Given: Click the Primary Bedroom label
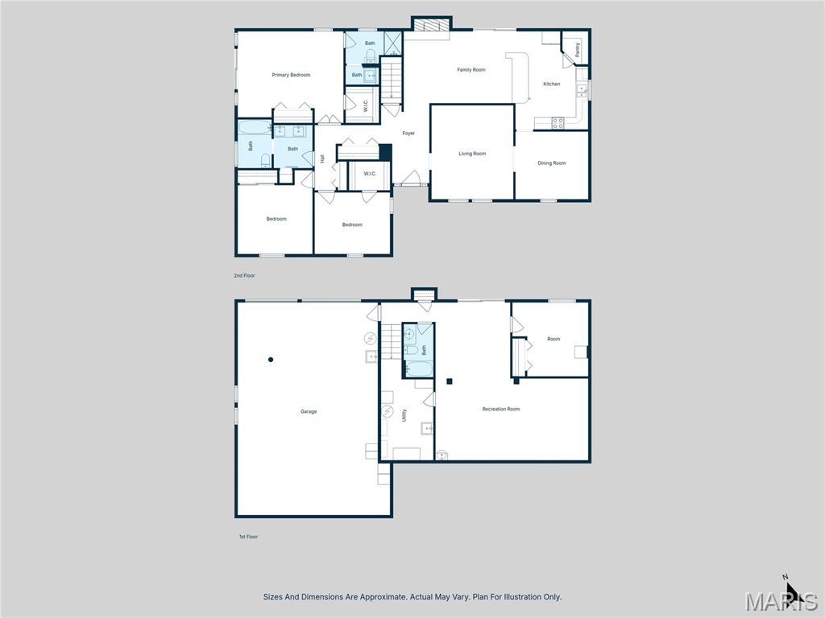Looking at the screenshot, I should [291, 75].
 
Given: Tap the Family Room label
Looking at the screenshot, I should [471, 70].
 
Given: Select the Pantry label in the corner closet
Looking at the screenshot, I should [577, 50].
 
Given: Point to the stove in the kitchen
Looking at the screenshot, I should [556, 123].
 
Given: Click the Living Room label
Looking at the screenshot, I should [472, 154].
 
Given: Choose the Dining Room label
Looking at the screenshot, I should [552, 163].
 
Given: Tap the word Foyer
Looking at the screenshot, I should [408, 134].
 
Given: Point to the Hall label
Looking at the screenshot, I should [323, 159].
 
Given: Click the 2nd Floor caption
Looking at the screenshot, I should [244, 276].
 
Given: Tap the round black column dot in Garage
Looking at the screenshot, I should [271, 360].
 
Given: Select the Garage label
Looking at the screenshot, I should [309, 411].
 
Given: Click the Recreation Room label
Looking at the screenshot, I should [501, 410].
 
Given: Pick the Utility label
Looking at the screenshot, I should [404, 414].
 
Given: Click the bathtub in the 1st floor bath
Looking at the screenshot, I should [419, 369].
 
